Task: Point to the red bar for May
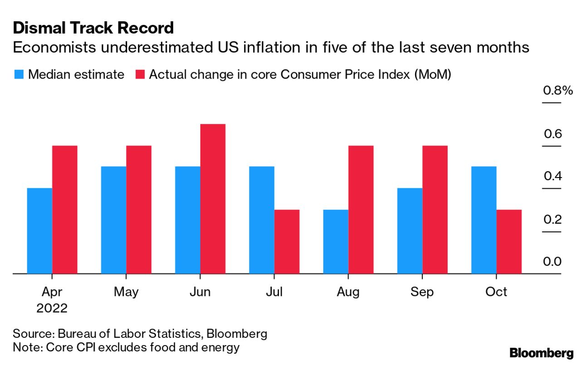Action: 139,210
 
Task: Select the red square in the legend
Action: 140,75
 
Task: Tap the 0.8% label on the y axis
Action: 558,91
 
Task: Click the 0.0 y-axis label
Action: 552,262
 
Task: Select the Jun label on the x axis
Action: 200,292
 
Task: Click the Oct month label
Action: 496,292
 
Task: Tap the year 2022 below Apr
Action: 52,308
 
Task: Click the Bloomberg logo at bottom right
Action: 542,353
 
